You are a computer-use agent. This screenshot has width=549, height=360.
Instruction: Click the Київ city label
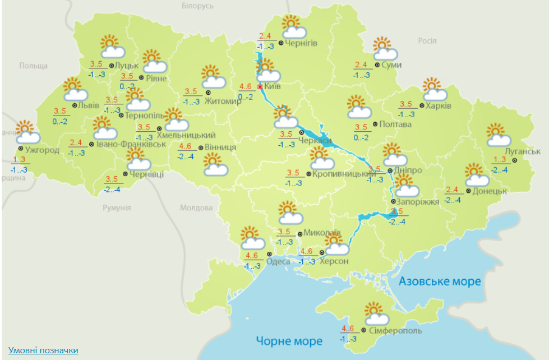pyautogui.click(x=273, y=87)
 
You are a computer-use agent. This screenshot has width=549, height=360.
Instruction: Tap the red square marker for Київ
pyautogui.click(x=260, y=87)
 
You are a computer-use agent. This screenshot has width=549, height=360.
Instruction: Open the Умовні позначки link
pyautogui.click(x=43, y=350)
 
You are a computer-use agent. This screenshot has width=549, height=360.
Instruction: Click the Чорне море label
pyautogui.click(x=289, y=340)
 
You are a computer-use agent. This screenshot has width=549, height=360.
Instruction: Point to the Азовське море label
pyautogui.click(x=440, y=281)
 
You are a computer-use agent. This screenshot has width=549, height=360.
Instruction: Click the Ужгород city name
pyautogui.click(x=42, y=150)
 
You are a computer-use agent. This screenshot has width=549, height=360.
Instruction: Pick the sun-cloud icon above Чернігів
pyautogui.click(x=293, y=26)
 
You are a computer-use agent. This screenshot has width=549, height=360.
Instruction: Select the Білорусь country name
pyautogui.click(x=198, y=6)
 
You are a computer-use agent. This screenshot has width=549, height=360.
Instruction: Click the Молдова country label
pyautogui.click(x=196, y=208)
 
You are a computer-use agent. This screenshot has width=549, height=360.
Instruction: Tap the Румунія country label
pyautogui.click(x=117, y=207)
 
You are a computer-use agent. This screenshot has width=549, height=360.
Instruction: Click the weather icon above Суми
pyautogui.click(x=385, y=49)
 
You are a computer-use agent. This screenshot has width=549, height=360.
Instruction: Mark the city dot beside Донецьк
pyautogui.click(x=469, y=191)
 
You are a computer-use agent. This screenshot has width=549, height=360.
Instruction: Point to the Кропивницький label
pyautogui.click(x=344, y=174)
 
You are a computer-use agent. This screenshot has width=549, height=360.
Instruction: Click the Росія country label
pyautogui.click(x=427, y=40)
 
